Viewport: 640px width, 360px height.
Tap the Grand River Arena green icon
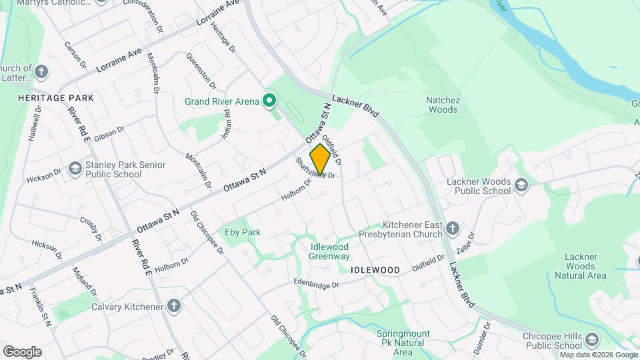tap(269, 102)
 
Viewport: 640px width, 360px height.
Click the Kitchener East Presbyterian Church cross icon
tap(453, 229)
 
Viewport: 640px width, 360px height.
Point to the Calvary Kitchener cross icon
tap(174, 307)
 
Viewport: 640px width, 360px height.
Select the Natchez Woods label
tap(443, 105)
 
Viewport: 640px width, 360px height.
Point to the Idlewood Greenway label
tap(330, 251)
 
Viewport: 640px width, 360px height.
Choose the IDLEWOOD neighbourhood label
tap(375, 270)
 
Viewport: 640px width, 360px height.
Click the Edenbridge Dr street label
tap(317, 282)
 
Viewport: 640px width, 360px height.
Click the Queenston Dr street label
tap(201, 71)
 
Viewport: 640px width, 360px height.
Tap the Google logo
tap(22, 352)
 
